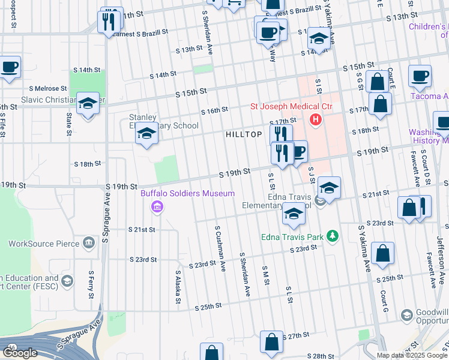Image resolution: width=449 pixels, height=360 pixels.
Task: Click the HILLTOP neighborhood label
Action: point(244,135)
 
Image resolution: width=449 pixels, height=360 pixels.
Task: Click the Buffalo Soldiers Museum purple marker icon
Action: point(157,208)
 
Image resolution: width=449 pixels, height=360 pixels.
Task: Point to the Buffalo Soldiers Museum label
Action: point(179,194)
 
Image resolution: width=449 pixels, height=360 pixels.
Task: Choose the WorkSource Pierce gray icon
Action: point(89,243)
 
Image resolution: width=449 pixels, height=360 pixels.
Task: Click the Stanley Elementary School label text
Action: point(164,122)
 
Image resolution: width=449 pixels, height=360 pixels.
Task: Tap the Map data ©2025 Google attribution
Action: point(412,355)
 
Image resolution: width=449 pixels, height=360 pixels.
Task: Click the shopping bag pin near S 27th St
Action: point(271,343)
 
